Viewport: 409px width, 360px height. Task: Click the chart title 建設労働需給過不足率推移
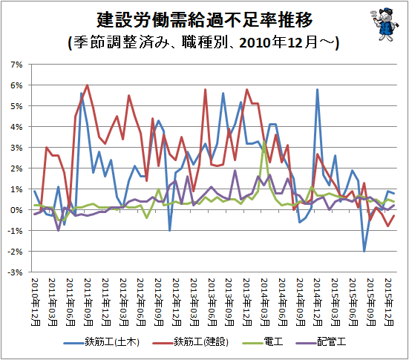[x=205, y=19]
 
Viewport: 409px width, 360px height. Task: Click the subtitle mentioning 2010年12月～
[x=203, y=42]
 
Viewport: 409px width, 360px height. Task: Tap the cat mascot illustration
[x=385, y=24]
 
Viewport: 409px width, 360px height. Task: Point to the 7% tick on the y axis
[x=16, y=65]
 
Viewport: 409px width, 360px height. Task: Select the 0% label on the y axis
[x=16, y=210]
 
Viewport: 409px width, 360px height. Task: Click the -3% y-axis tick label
[x=15, y=272]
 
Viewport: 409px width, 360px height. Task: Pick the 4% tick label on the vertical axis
[x=16, y=127]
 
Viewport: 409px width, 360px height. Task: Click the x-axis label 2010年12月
[x=36, y=302]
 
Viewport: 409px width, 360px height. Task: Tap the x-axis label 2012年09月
[x=159, y=302]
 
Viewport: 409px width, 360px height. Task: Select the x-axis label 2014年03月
[x=265, y=302]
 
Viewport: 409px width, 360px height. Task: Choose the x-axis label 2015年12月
[x=388, y=302]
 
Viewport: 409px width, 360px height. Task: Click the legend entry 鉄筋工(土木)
[x=102, y=341]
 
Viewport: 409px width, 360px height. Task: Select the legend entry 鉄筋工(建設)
[x=191, y=341]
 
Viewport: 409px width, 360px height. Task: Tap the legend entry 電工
[x=263, y=341]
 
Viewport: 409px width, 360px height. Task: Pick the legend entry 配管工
[x=321, y=341]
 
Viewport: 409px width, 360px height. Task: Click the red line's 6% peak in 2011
[x=87, y=85]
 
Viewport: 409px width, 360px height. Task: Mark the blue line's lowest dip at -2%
[x=364, y=251]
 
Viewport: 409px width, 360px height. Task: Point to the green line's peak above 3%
[x=264, y=141]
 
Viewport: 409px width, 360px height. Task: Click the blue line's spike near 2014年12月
[x=317, y=90]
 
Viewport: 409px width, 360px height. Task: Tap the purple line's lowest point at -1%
[x=58, y=230]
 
